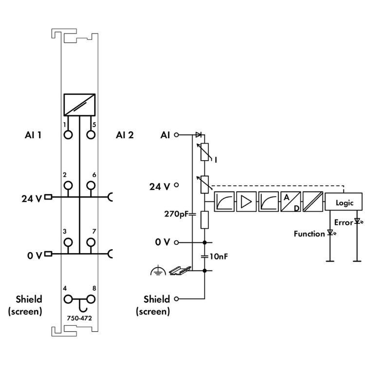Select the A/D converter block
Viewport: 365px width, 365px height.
(x=290, y=201)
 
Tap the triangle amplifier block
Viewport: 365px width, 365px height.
(x=246, y=201)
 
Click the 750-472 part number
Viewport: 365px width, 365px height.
(x=79, y=318)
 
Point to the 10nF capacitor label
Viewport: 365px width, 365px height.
(x=217, y=256)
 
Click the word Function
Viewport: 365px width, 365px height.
(x=309, y=234)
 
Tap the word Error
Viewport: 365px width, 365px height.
(x=343, y=222)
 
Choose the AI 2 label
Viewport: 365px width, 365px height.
(x=125, y=135)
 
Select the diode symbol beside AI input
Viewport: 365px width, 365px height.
(x=199, y=135)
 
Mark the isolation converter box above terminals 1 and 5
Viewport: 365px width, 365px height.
(x=79, y=104)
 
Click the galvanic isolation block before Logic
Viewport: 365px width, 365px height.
(x=312, y=201)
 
